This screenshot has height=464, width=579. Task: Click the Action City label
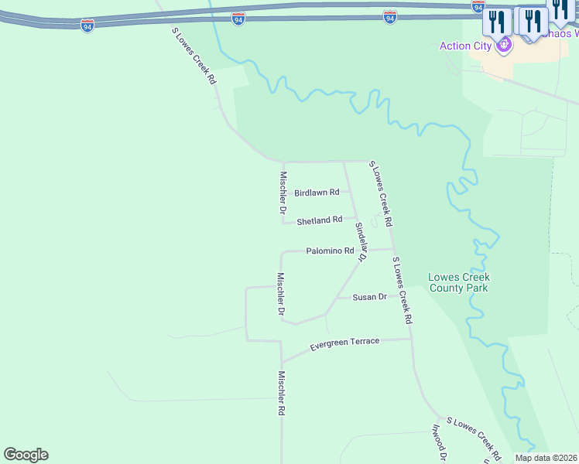pos(465,46)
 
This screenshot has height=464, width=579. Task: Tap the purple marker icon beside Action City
pos(505,46)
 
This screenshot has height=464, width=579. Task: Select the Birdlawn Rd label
pos(317,193)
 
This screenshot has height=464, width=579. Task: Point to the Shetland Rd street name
pos(319,220)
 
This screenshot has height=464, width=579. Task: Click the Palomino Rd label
pos(330,251)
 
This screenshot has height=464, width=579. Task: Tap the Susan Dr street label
pos(369,297)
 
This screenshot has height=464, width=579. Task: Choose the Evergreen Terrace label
pos(344,341)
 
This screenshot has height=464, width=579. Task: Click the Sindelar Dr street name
pos(360,241)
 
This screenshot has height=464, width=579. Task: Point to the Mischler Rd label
pos(282,394)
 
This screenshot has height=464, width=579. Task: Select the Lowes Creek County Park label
pos(460,282)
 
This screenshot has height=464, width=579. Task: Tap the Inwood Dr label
pos(438,443)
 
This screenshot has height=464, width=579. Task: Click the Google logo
pos(26,455)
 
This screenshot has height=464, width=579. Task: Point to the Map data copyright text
pos(546,458)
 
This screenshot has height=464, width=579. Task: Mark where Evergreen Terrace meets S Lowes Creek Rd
pos(410,338)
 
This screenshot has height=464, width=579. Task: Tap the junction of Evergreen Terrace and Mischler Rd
pos(282,361)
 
